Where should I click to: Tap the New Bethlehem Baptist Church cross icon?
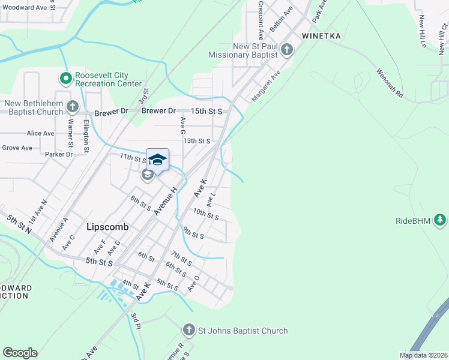point(73,107)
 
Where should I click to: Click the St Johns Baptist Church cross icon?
point(188,330)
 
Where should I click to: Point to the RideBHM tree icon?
point(441,220)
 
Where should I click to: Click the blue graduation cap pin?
point(157,161)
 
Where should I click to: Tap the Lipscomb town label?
point(106,227)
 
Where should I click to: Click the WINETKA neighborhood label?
point(321,36)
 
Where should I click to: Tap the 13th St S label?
point(196,141)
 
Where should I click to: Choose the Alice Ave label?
point(41,133)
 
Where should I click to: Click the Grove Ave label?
point(17,148)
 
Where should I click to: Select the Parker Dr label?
point(59,154)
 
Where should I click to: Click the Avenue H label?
point(166,200)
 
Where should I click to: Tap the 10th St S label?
point(206,214)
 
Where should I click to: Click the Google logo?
point(20,353)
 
